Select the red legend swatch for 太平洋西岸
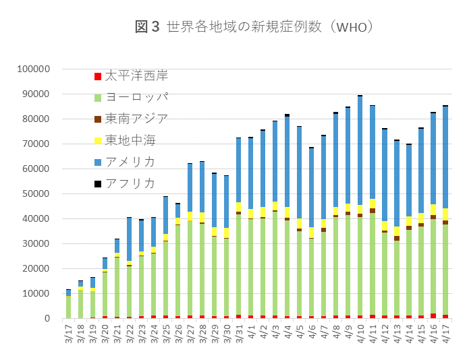pyautogui.click(x=98, y=76)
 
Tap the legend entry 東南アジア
pyautogui.click(x=137, y=118)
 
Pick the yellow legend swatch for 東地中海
pyautogui.click(x=98, y=140)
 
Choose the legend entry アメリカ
pyautogui.click(x=130, y=161)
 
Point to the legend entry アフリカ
pyautogui.click(x=130, y=183)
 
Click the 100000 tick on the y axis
pyautogui.click(x=34, y=69)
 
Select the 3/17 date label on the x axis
pyautogui.click(x=67, y=334)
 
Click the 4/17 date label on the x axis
pyautogui.click(x=445, y=334)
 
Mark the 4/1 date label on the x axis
pyautogui.click(x=250, y=334)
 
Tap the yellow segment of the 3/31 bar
pyautogui.click(x=239, y=207)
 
